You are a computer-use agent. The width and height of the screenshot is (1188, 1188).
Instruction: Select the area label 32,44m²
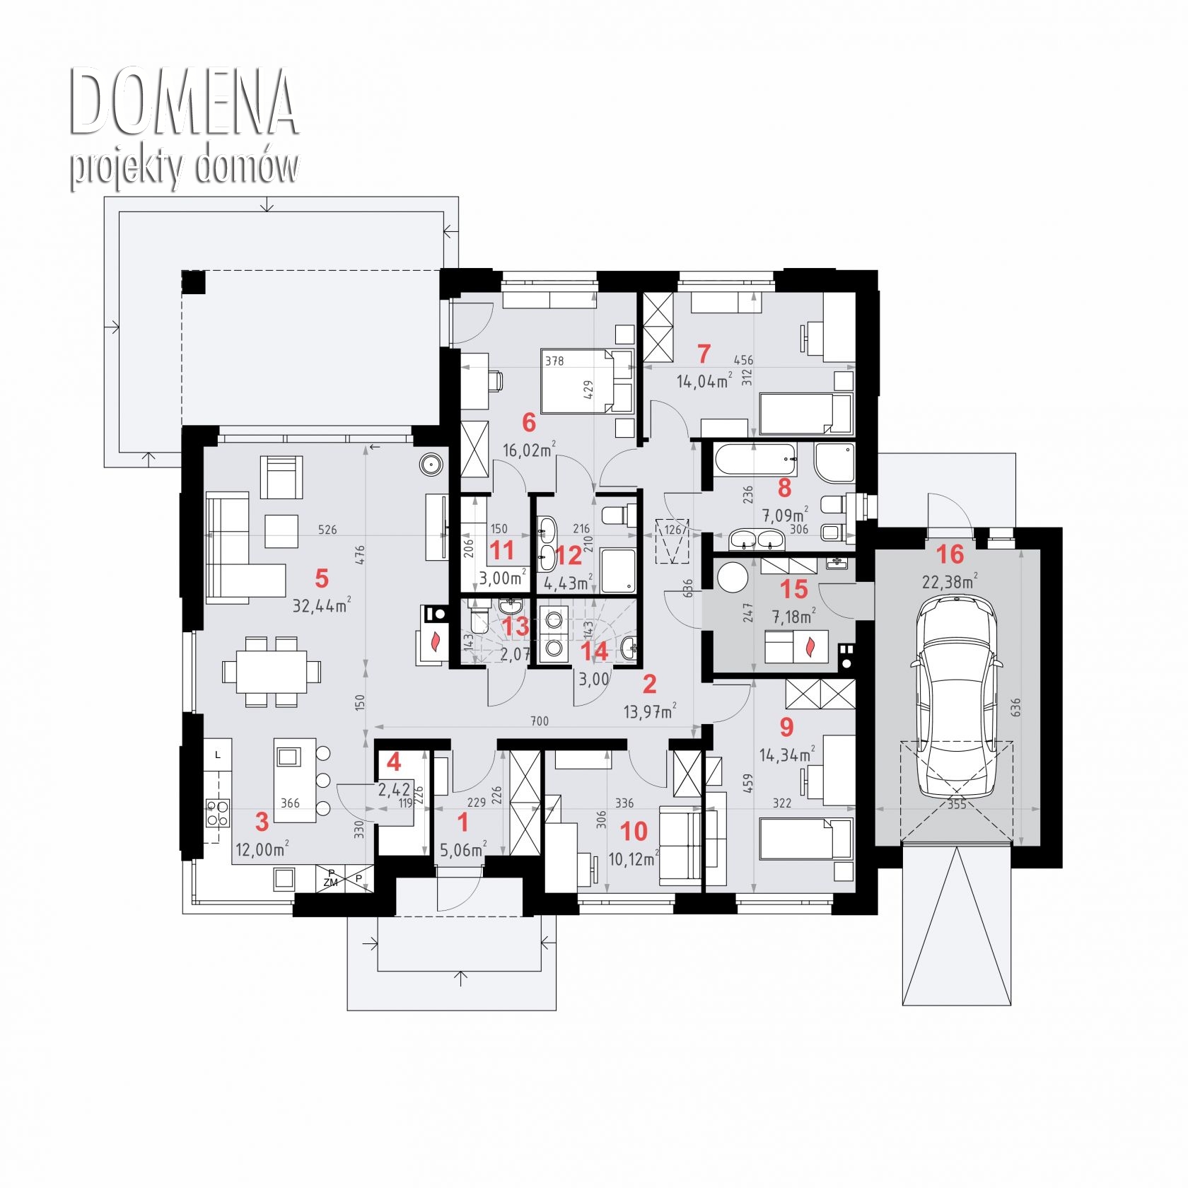point(322,605)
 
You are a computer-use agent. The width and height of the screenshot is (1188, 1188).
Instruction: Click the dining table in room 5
point(272,671)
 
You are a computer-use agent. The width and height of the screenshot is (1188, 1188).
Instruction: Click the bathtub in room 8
point(756,459)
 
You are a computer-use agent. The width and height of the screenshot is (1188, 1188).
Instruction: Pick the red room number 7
point(703,353)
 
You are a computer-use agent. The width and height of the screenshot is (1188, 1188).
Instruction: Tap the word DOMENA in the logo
point(182,103)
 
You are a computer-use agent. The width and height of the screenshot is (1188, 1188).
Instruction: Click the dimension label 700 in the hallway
point(539,721)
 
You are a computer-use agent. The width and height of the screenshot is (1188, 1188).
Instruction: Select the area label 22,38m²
point(950,582)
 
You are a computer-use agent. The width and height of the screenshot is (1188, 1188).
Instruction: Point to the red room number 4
point(394,762)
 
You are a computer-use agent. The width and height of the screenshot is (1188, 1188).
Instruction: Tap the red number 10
point(634,832)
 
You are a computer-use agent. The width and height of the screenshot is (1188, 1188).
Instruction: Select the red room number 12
point(569,555)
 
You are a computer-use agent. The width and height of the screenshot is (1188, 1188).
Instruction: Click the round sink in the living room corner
point(431,465)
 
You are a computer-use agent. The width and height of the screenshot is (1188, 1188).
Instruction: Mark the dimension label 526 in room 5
point(327,530)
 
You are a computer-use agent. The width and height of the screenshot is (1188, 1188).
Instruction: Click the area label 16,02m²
point(529,450)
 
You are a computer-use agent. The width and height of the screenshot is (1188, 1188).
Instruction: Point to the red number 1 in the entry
point(463,822)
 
